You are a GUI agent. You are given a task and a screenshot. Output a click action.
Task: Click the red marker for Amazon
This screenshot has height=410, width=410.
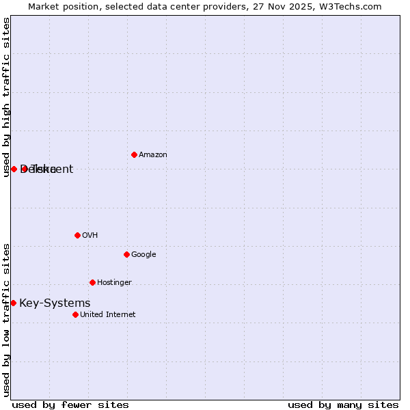[134, 154]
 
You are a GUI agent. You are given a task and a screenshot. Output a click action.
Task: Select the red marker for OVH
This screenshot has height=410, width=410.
[77, 235]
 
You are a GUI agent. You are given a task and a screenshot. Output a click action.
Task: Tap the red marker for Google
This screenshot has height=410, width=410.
[126, 254]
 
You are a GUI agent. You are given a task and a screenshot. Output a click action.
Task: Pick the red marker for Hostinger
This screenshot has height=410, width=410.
[92, 282]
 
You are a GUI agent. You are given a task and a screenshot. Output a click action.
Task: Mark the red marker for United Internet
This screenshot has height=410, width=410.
[75, 314]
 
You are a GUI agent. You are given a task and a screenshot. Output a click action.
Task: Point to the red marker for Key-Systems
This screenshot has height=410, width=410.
[13, 303]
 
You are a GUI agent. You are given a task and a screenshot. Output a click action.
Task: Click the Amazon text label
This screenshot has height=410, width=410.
[153, 155]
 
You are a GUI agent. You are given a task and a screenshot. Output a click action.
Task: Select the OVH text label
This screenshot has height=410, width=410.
[90, 236]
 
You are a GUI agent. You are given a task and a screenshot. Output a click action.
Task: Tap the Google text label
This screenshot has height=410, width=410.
[143, 255]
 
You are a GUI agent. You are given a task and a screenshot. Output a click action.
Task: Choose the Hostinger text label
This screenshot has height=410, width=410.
[114, 283]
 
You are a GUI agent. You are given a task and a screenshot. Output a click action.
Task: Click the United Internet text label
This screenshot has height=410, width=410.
[108, 315]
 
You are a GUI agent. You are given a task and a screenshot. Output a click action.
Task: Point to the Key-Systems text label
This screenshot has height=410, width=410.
[55, 303]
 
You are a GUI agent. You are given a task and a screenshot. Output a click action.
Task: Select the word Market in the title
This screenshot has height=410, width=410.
[44, 7]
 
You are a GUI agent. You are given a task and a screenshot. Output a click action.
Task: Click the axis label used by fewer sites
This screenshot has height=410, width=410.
[70, 405]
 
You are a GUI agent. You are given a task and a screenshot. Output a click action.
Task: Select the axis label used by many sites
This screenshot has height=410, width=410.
[343, 405]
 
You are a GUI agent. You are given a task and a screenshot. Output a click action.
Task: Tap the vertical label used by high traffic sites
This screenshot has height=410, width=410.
[6, 97]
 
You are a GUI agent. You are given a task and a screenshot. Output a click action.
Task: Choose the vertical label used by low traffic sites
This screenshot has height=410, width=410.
[6, 319]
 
